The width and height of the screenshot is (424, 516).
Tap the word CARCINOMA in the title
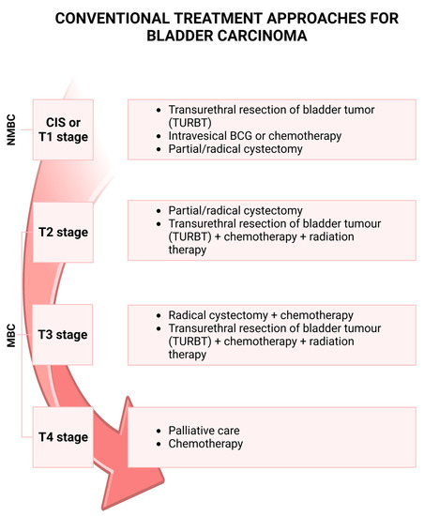257,38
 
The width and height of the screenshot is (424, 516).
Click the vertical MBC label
12,333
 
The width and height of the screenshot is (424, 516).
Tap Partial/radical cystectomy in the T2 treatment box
231,211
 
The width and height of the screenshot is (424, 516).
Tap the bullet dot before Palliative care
159,431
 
